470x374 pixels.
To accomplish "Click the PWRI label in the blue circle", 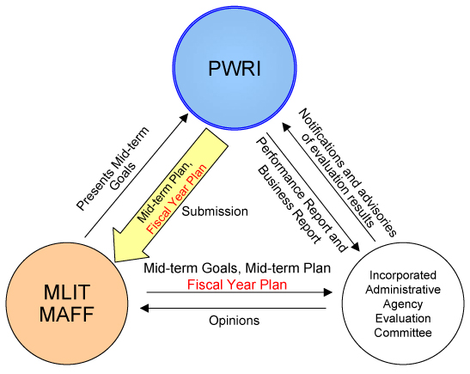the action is point(235,69).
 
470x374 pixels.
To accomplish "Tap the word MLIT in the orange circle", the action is point(67,291).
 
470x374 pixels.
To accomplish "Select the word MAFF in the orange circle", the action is point(66,314).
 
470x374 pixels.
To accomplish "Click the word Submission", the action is point(215,212).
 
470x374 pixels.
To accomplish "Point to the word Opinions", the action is point(234,321).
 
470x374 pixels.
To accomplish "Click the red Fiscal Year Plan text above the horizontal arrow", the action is point(237,285).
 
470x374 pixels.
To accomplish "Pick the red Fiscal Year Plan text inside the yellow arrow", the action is point(176,199).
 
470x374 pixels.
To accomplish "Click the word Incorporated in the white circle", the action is point(403,275).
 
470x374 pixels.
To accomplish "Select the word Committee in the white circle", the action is point(403,333).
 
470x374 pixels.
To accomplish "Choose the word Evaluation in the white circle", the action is point(403,318).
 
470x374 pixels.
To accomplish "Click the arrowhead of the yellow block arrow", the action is point(130,245).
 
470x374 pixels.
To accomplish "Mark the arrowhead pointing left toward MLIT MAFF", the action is point(144,308).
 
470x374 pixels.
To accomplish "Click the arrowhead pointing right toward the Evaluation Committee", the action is point(328,292).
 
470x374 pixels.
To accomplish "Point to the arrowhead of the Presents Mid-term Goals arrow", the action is point(184,118).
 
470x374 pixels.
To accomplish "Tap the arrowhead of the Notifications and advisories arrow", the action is point(285,126).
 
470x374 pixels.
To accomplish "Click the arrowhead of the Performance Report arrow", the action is point(355,247).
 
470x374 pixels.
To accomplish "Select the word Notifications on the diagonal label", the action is point(321,138).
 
